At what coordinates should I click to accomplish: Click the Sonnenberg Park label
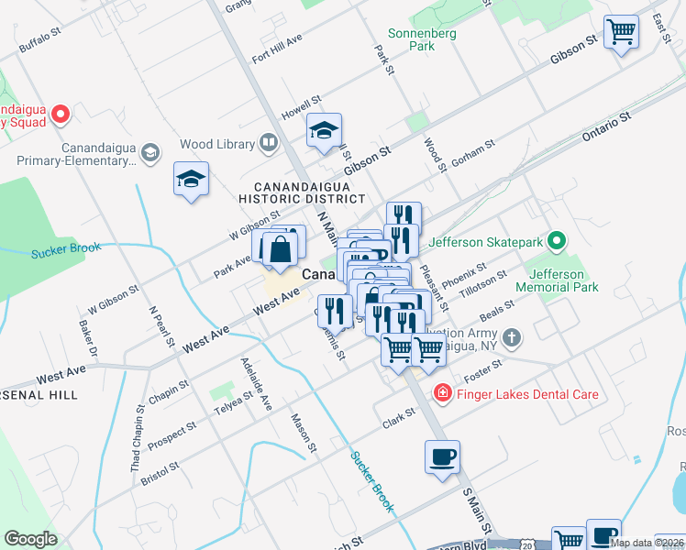click(x=410, y=38)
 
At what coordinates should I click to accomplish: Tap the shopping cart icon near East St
click(x=621, y=33)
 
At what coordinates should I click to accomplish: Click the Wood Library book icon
click(x=268, y=143)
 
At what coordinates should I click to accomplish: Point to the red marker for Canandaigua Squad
click(x=61, y=115)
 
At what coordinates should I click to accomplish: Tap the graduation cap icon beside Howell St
click(x=324, y=132)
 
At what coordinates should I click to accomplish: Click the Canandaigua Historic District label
click(x=301, y=191)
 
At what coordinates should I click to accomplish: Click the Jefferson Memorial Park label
click(x=563, y=280)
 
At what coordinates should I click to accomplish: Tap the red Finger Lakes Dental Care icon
click(x=442, y=394)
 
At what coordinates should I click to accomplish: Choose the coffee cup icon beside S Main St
click(x=442, y=457)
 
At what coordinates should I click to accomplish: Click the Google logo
click(x=30, y=538)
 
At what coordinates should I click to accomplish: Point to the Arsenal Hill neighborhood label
click(x=37, y=394)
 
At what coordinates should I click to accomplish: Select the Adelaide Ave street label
click(x=256, y=383)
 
